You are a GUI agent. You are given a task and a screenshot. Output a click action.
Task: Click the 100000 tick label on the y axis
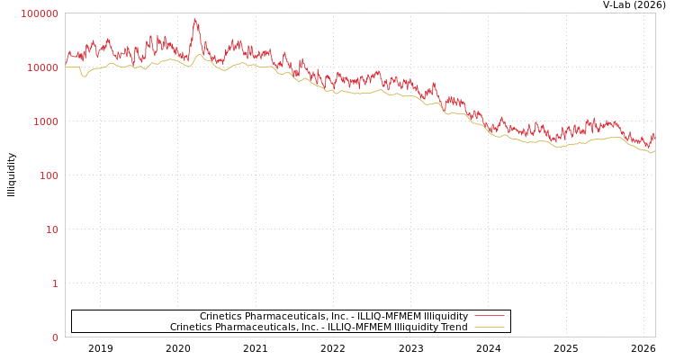(40, 13)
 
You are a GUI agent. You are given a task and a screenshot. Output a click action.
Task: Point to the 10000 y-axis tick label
(42, 67)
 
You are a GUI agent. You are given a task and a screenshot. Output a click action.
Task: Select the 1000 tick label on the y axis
(45, 121)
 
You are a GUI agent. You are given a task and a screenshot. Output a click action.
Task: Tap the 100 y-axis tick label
(48, 175)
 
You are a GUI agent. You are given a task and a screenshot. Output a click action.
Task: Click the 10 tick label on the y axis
(51, 229)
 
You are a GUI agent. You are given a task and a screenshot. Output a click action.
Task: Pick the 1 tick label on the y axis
(54, 283)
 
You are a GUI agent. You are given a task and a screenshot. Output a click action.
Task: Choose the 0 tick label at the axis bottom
(54, 337)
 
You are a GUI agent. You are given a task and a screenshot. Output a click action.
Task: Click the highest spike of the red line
(194, 19)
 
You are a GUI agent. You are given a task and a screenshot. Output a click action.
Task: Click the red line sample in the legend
(489, 316)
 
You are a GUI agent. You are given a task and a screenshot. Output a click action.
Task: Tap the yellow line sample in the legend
(489, 327)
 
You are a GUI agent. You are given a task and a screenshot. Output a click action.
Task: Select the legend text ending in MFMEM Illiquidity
(334, 316)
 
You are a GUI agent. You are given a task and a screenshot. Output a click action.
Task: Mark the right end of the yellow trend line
(654, 151)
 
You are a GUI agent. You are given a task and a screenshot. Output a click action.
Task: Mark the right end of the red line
(654, 135)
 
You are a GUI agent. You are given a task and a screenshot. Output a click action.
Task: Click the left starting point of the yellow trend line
(66, 67)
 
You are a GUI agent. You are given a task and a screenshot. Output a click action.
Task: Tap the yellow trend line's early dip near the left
(85, 76)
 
